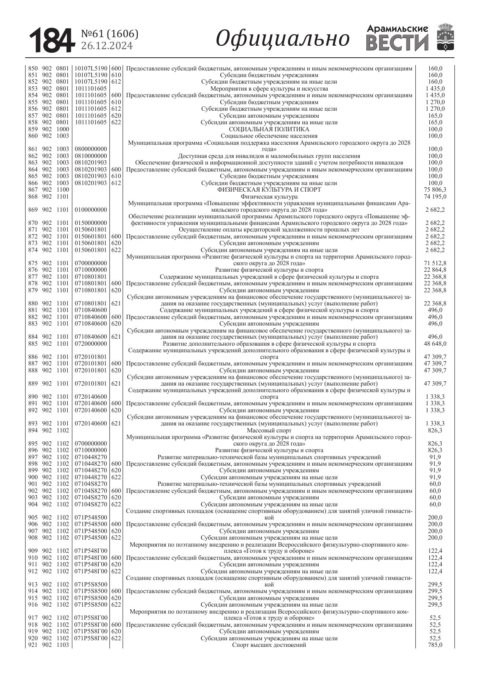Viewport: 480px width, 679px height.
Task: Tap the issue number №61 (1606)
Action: pos(109,34)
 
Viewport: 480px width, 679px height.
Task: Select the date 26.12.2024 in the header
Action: pos(107,46)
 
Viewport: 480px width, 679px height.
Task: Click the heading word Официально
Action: pos(283,39)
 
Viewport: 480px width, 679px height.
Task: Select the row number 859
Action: pos(33,129)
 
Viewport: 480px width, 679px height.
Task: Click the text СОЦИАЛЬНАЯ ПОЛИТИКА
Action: pos(269,129)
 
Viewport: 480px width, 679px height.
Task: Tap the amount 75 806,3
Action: pos(435,190)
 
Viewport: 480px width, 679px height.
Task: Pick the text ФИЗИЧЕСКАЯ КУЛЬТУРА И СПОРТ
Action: pos(269,190)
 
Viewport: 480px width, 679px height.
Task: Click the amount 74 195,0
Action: pos(435,197)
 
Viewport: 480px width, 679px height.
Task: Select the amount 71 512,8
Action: pos(435,263)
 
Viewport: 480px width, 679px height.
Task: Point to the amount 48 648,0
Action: pos(435,344)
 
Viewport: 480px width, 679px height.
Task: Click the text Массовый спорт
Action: pos(269,430)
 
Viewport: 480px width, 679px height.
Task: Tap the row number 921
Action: pos(33,645)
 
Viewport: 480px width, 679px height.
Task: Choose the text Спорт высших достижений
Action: pos(269,645)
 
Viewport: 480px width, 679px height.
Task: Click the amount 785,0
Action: pos(435,645)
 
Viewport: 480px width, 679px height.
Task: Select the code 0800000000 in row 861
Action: pos(91,149)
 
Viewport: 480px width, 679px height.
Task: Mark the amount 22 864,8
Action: pos(435,270)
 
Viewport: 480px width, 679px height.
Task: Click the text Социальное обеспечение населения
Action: pos(269,136)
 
